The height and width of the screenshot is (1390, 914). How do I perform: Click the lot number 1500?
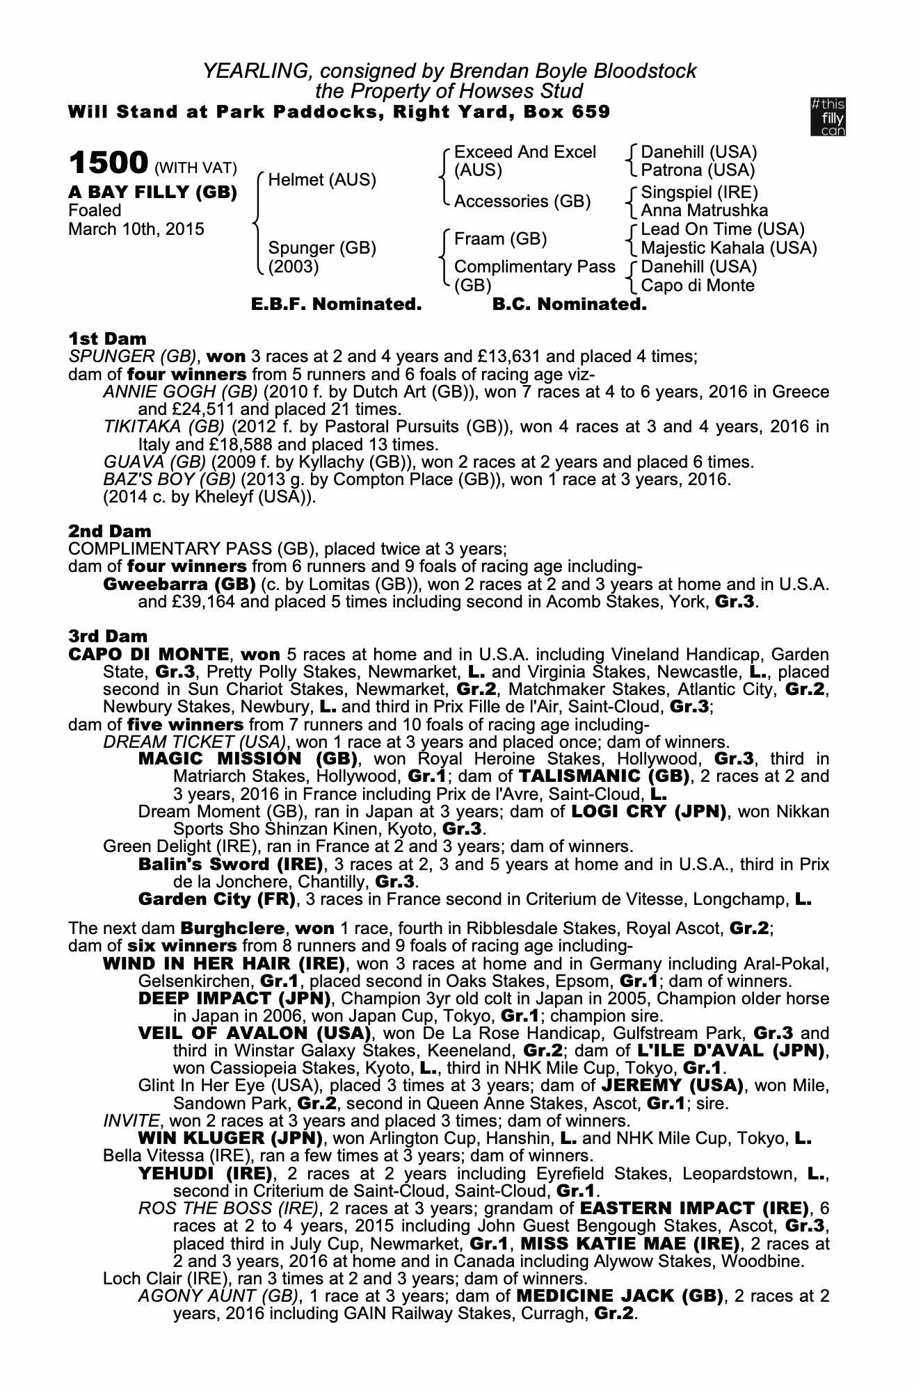[x=108, y=163]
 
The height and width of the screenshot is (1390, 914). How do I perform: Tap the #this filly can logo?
[x=828, y=117]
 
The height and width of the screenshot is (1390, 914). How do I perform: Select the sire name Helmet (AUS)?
[x=322, y=180]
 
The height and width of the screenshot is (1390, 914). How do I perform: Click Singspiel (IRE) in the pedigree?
[x=699, y=193]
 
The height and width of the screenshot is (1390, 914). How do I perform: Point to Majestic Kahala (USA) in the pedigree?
[x=728, y=248]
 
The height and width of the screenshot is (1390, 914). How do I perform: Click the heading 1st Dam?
[x=108, y=339]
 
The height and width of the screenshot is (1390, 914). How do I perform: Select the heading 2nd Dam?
[x=110, y=531]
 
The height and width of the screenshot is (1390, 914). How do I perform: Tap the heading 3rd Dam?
[x=109, y=636]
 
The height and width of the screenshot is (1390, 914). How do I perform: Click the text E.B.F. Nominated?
[x=337, y=304]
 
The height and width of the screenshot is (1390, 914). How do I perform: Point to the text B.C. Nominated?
[x=569, y=304]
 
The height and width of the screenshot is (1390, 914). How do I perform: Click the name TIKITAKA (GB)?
[x=163, y=427]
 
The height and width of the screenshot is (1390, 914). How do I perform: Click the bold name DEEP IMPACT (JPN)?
[x=234, y=999]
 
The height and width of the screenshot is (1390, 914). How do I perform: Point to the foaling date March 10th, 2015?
[x=136, y=229]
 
